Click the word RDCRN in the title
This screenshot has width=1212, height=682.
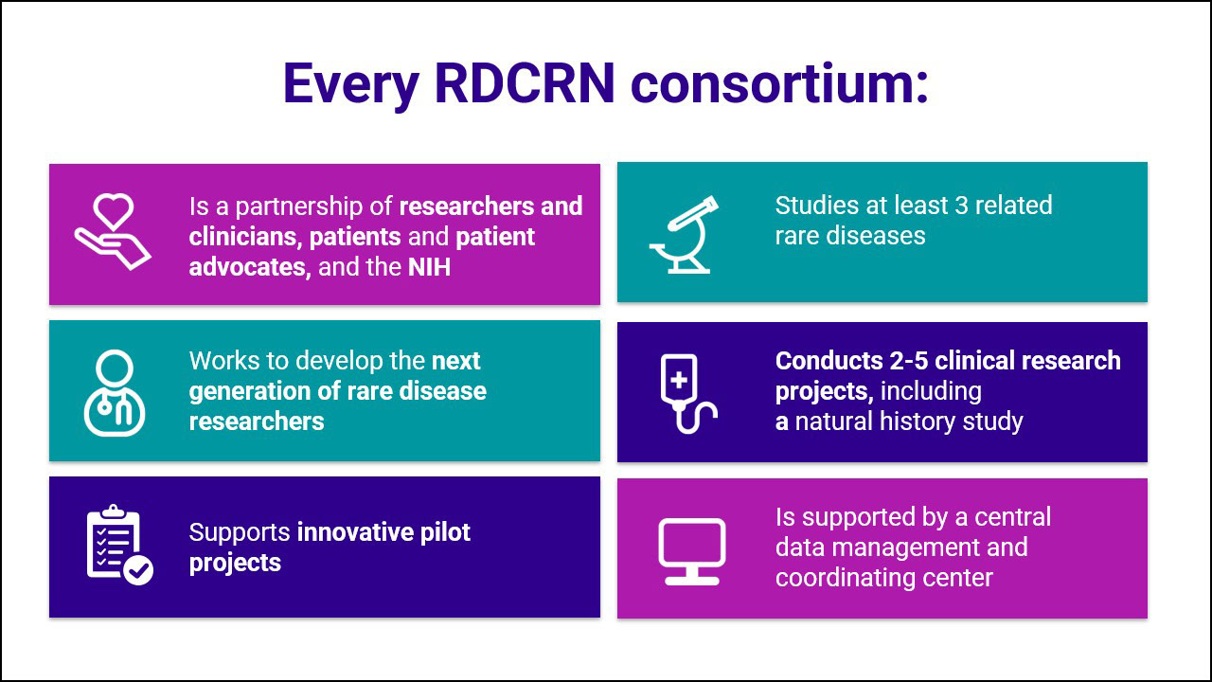(525, 83)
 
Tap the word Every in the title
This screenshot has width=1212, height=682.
(350, 85)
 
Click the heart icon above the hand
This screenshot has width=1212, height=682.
(113, 210)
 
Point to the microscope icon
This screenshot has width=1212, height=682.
(685, 235)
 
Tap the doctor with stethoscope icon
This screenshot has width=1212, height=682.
(115, 392)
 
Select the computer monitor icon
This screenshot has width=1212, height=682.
(692, 551)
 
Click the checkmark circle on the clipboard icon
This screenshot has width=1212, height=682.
(138, 570)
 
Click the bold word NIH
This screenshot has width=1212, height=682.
(429, 267)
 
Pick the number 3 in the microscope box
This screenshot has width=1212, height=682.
(961, 206)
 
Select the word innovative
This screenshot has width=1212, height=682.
(355, 532)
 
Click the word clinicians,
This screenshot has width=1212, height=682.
(245, 237)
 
